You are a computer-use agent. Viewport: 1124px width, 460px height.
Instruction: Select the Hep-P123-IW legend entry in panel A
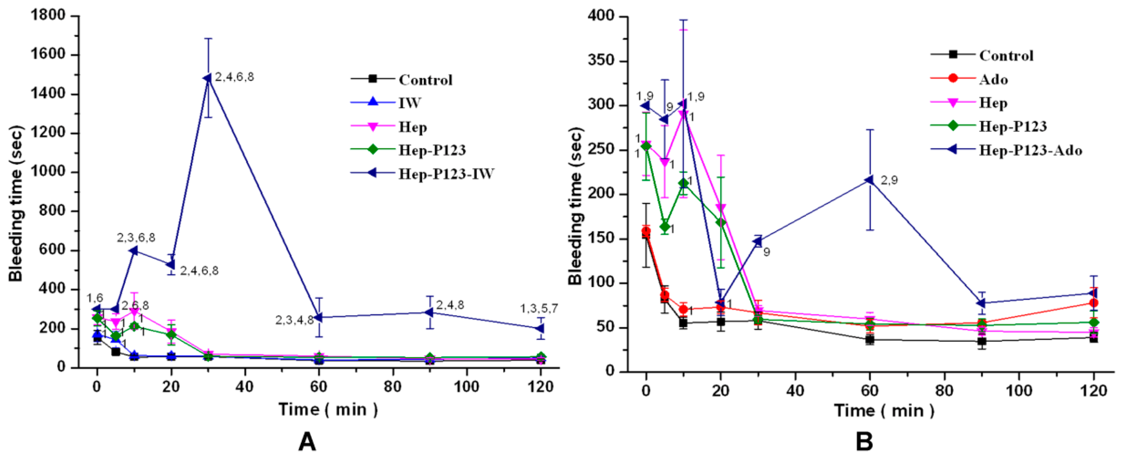(446, 174)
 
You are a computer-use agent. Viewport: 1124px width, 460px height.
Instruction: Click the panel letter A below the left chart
(307, 442)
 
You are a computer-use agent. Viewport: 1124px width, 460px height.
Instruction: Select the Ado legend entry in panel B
(993, 79)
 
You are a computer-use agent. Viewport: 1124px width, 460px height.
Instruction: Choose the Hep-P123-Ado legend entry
(1030, 150)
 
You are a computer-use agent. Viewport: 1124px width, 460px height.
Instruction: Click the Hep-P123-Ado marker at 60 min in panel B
(869, 180)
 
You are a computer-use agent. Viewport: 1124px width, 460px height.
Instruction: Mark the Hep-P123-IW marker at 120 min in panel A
(540, 328)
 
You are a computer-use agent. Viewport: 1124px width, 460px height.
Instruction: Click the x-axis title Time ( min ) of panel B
(884, 411)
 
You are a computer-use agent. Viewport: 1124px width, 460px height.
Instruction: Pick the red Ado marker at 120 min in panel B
(1093, 303)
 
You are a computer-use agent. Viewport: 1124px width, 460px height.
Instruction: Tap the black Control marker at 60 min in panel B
(869, 340)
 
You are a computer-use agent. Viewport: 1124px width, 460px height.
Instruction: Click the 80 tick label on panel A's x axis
(393, 387)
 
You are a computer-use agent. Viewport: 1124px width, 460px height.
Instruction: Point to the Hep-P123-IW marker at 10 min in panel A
(134, 251)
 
